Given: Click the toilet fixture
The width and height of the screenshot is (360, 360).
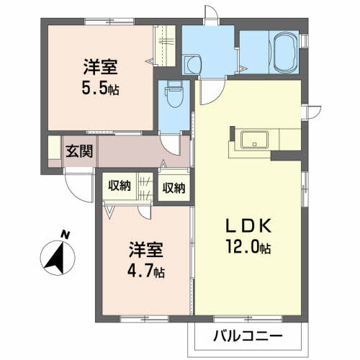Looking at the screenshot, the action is click(x=174, y=94).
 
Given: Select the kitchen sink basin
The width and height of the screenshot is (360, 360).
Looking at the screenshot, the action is click(x=254, y=140).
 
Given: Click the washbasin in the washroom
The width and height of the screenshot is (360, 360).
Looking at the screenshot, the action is click(x=192, y=64).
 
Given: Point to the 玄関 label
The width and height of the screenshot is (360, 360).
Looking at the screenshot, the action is click(x=79, y=151).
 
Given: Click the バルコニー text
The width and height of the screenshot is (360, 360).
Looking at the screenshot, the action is click(x=248, y=337).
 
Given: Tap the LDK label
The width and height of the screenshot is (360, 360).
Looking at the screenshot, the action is click(x=248, y=225).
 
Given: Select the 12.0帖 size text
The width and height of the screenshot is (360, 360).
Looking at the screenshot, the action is click(x=248, y=247).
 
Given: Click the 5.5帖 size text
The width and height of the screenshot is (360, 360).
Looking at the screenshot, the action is click(x=100, y=88).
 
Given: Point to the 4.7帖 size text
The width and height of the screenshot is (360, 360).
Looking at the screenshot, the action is click(x=146, y=271).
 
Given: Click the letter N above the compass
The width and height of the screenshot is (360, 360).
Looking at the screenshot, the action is click(x=65, y=235).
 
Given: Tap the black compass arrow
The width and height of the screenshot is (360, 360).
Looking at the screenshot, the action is click(x=57, y=258).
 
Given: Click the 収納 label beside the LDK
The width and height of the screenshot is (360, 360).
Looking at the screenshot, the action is click(x=174, y=188).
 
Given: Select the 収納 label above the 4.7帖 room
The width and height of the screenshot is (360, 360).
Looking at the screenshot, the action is click(x=120, y=186).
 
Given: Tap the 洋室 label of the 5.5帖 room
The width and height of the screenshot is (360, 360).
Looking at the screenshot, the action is click(x=101, y=67).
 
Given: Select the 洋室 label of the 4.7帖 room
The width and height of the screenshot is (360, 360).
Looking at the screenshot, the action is click(x=146, y=250).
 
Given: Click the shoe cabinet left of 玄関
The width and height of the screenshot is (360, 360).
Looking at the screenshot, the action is click(x=55, y=148).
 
